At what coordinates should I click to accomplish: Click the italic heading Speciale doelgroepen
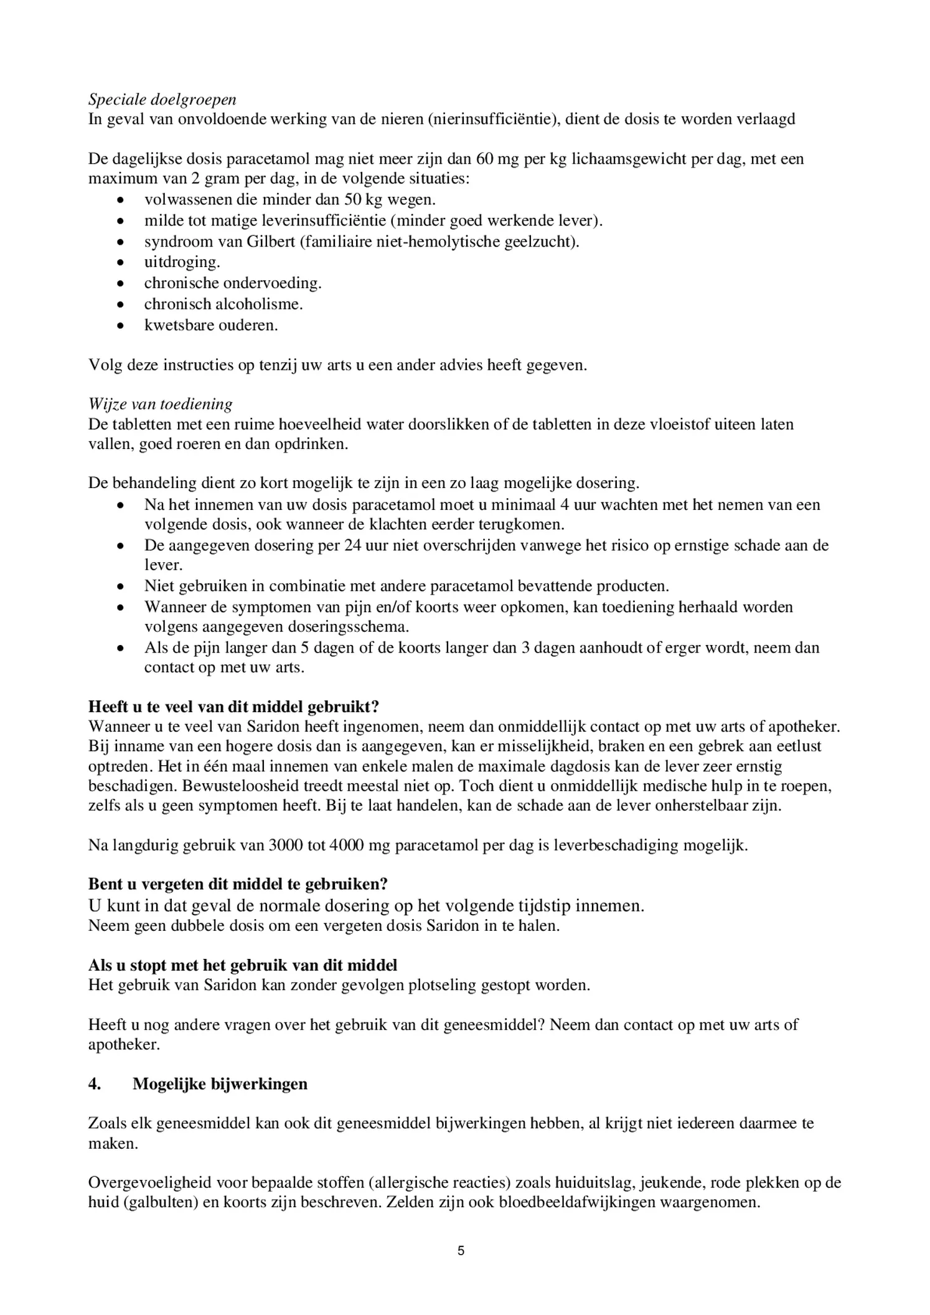coord(162,100)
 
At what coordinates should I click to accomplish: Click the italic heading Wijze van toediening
coord(160,405)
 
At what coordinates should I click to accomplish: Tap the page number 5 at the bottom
coord(461,1251)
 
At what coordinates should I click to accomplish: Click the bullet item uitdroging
coord(182,262)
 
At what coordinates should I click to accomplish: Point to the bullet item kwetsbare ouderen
coord(210,325)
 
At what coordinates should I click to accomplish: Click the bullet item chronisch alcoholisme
coord(223,304)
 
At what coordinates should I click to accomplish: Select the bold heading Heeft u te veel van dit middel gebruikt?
coord(233,707)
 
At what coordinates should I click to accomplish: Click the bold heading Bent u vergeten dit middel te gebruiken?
coord(238,884)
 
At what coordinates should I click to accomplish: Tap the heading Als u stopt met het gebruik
coord(242,966)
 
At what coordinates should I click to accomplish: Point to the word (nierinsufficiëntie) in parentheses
coord(492,120)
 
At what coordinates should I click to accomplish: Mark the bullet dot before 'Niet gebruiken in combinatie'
coord(121,587)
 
